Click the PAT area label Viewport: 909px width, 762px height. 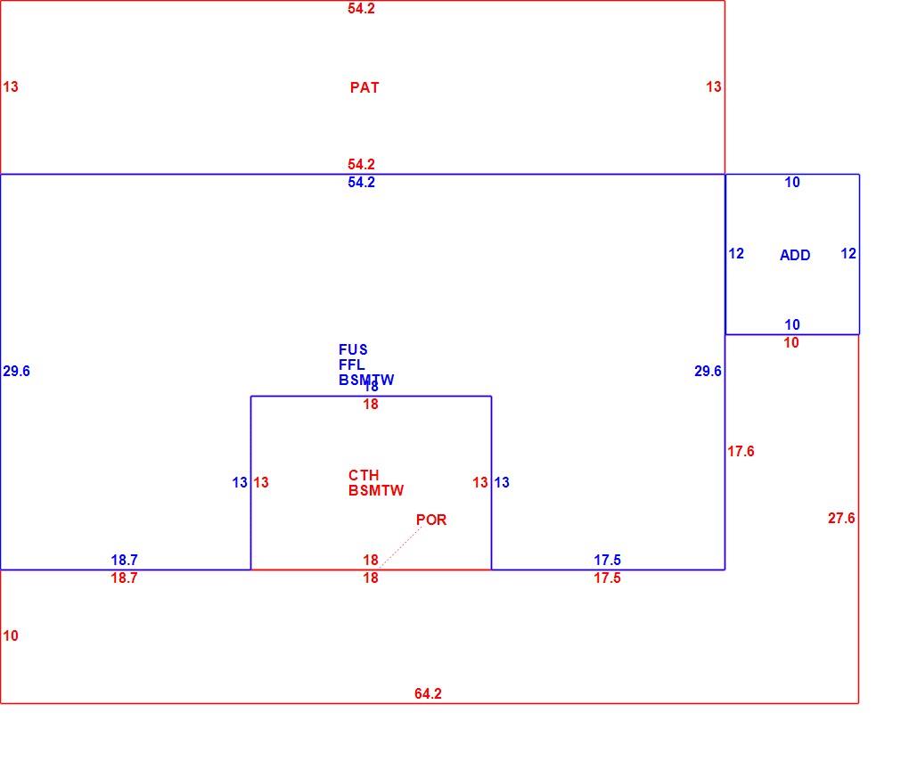[364, 87]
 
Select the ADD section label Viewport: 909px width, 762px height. [795, 255]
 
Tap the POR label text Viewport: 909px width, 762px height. [431, 520]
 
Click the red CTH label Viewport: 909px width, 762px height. [364, 476]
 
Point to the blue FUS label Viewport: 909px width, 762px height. [353, 349]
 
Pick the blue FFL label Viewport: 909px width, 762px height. [352, 365]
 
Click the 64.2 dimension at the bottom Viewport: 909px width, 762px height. [428, 693]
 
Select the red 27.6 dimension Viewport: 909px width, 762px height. [841, 518]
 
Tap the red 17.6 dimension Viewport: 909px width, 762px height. [741, 451]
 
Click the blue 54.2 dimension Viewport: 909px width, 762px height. [361, 182]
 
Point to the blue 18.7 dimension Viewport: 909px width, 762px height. [124, 560]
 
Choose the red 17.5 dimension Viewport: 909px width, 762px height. [607, 578]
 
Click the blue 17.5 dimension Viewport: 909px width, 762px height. [607, 560]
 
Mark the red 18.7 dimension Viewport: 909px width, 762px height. [124, 578]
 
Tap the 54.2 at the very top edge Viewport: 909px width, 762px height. [361, 8]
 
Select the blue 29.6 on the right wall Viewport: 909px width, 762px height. [708, 371]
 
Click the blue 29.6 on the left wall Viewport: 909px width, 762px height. [16, 371]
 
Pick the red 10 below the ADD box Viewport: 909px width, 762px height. [791, 343]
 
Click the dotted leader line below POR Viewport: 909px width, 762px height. [401, 546]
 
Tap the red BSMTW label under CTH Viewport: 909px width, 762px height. [376, 490]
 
